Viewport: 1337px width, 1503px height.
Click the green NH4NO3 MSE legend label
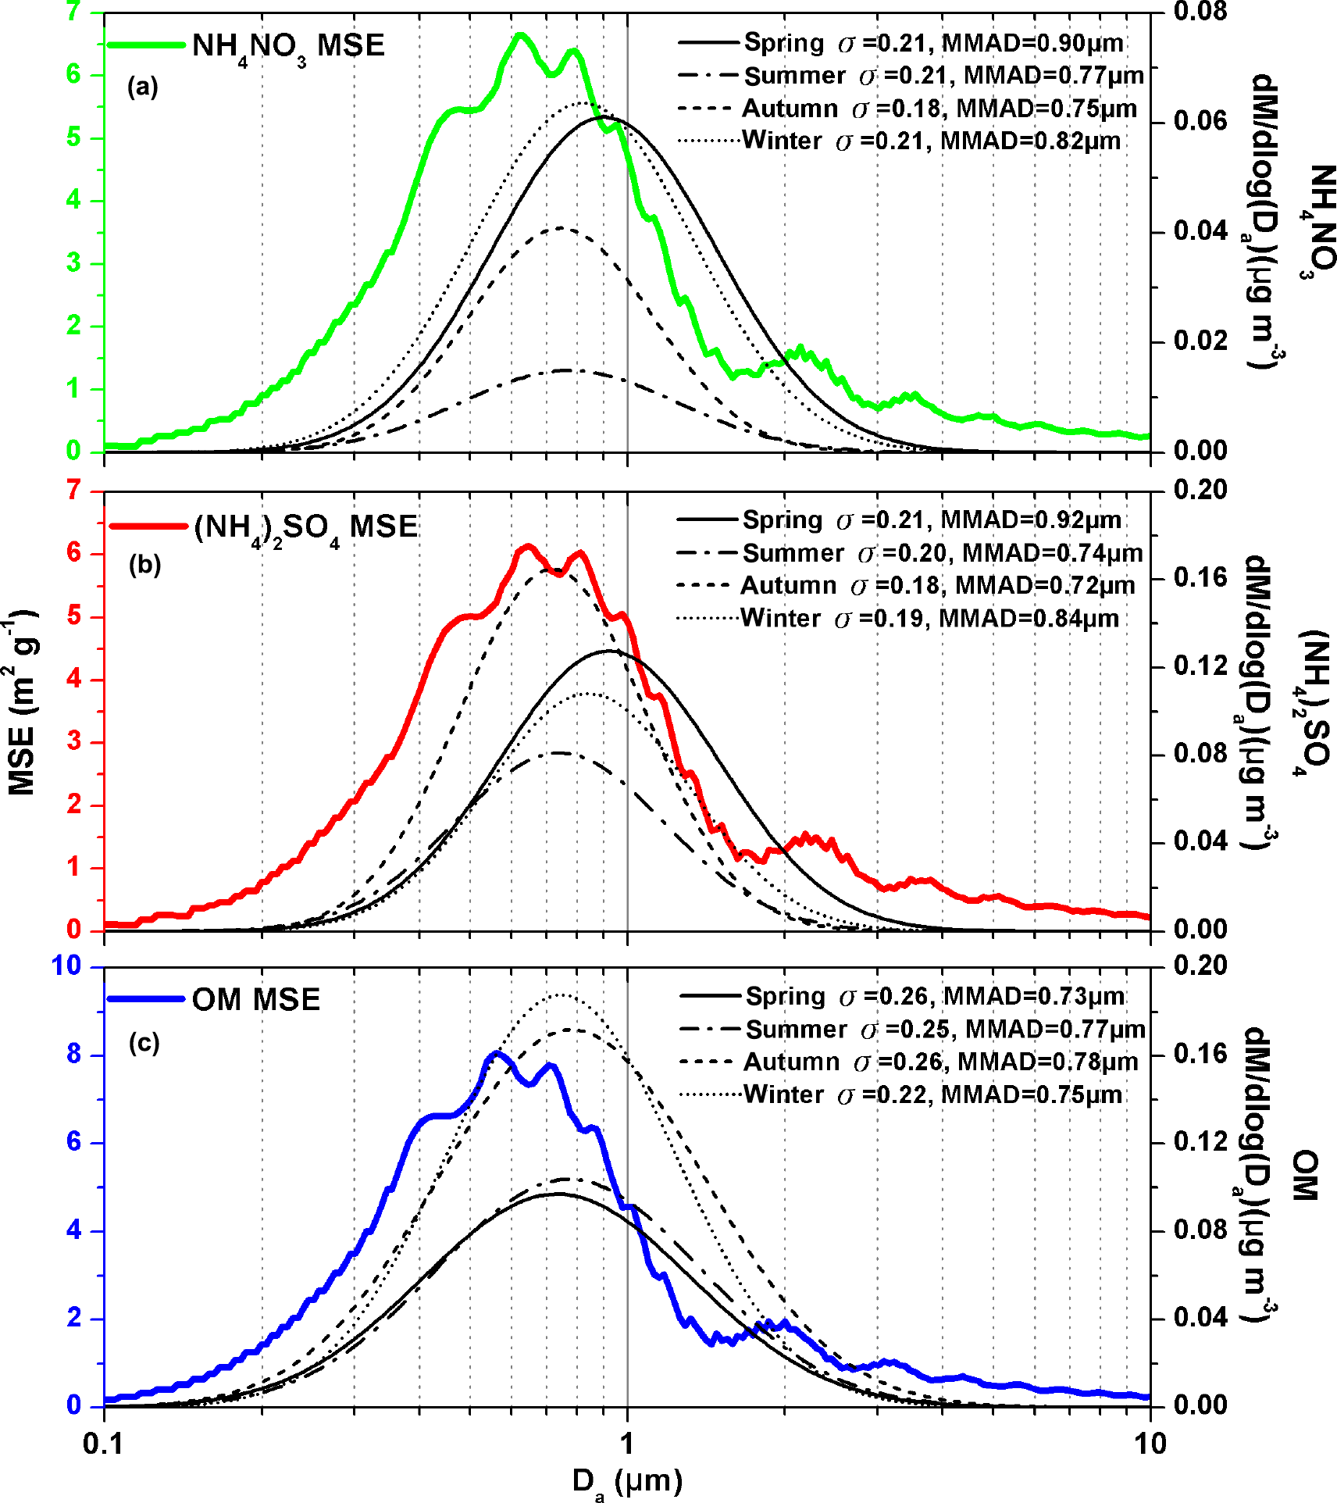288,46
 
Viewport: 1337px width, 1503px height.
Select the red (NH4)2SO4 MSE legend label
305,527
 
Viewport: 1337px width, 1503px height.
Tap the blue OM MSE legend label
256,1000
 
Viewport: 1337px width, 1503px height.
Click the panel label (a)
143,87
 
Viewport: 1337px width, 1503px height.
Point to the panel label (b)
144,564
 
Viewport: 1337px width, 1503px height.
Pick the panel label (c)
144,1043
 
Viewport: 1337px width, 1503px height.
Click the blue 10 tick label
66,966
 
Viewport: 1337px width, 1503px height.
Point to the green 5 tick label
73,137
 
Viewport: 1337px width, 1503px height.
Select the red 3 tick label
73,741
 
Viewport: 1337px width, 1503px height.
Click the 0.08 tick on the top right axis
1200,12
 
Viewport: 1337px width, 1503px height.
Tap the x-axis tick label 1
627,1444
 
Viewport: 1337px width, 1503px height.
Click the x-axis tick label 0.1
104,1444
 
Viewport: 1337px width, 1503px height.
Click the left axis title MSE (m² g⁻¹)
22,703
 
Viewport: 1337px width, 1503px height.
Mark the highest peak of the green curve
521,34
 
